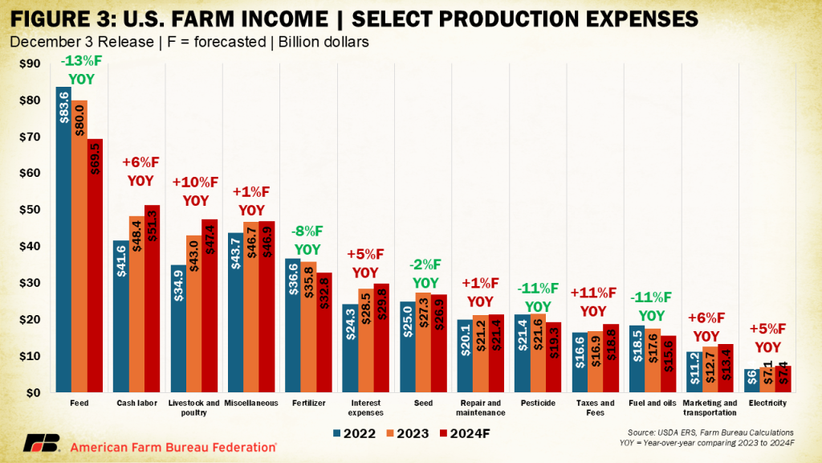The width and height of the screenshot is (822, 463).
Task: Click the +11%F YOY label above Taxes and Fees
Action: [593, 301]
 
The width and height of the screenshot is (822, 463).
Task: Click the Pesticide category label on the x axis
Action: [536, 403]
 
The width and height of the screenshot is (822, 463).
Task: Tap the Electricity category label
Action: [764, 403]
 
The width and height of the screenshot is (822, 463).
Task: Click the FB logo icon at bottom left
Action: [41, 444]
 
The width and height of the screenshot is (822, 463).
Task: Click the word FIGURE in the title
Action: [50, 17]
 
